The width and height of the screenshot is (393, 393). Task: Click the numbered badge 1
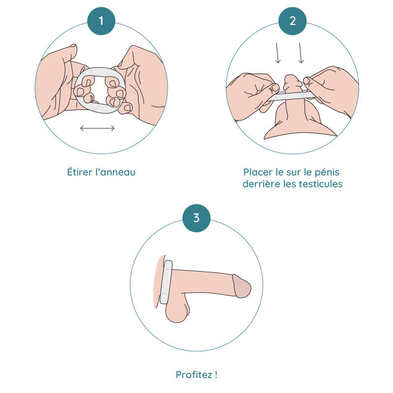click(x=101, y=21)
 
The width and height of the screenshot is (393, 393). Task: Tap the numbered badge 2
click(x=292, y=21)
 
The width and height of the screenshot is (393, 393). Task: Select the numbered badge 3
click(x=196, y=218)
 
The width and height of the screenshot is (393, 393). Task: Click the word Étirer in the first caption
click(x=80, y=172)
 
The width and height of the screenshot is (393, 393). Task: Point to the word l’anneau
click(x=115, y=172)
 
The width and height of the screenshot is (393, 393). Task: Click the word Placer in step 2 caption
click(x=258, y=172)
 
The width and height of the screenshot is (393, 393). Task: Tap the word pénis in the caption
click(x=327, y=172)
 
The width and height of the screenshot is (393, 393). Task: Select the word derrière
click(x=261, y=184)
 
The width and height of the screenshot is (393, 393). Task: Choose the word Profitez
click(x=194, y=375)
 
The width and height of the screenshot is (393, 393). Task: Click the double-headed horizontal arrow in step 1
click(x=97, y=128)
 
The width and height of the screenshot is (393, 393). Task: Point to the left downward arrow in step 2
click(x=277, y=53)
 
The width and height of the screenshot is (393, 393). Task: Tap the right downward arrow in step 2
click(x=301, y=53)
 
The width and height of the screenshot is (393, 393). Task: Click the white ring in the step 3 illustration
click(x=166, y=282)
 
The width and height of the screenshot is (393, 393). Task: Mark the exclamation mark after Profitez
click(x=216, y=375)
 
